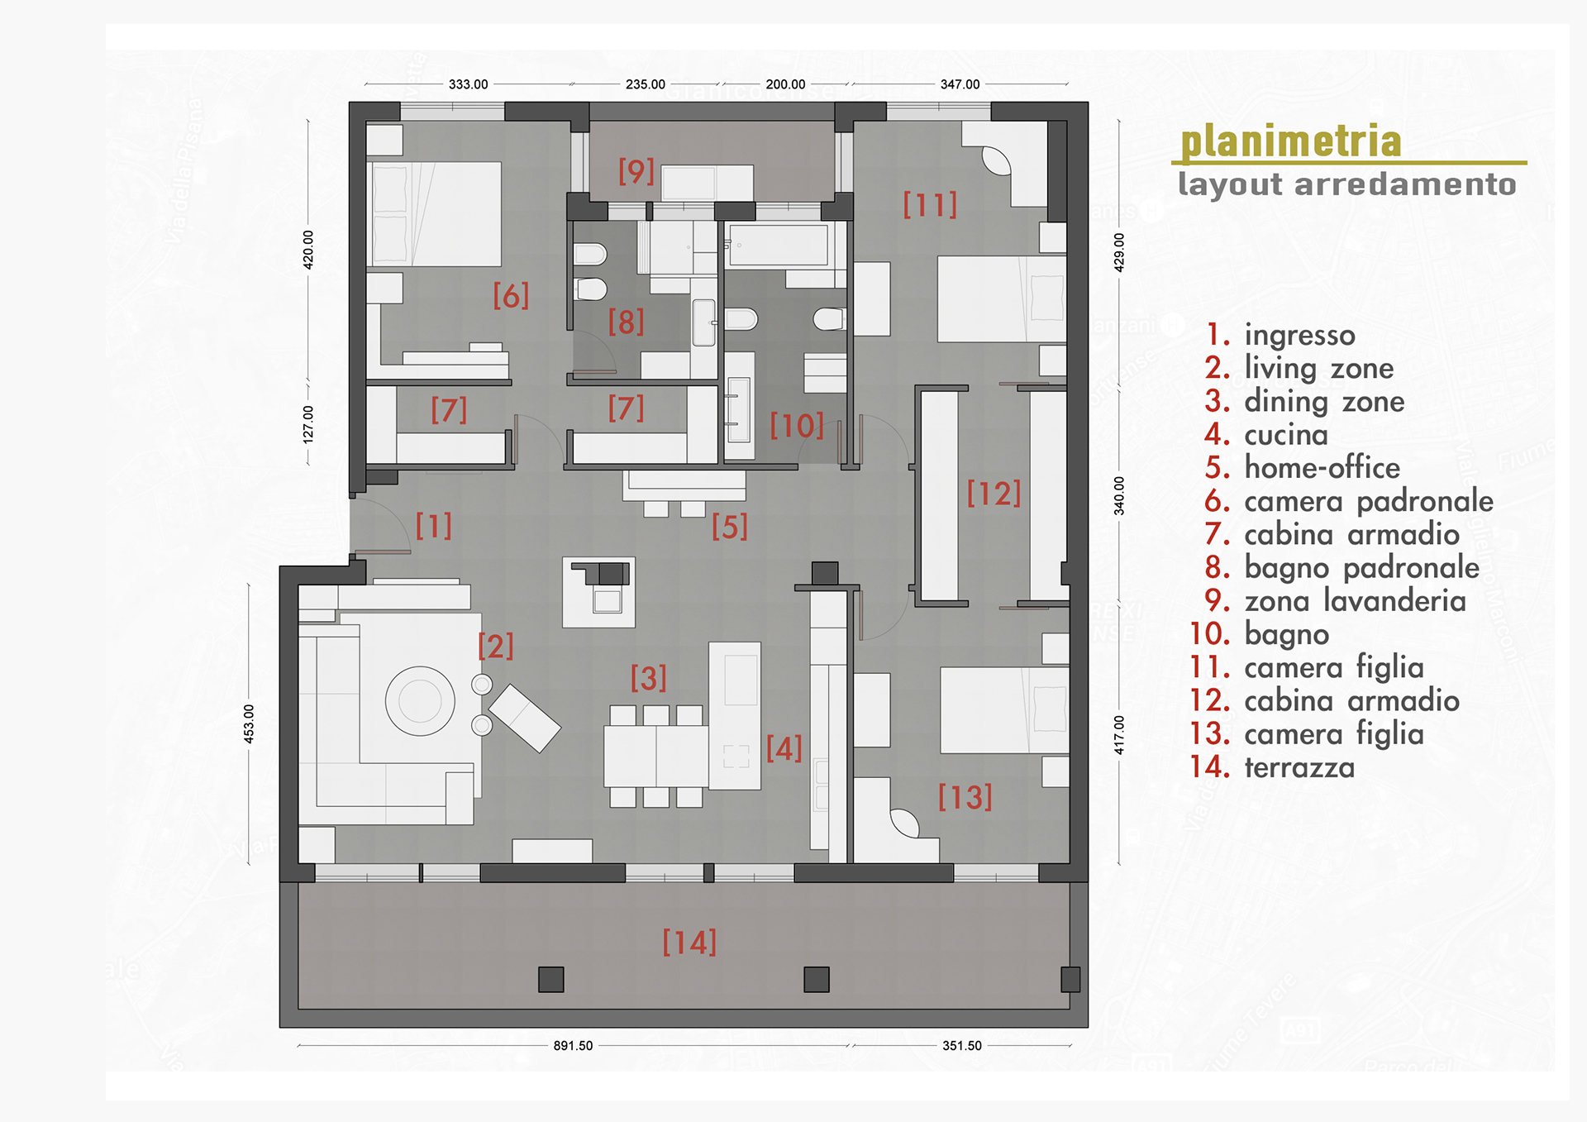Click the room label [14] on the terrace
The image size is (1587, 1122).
point(689,943)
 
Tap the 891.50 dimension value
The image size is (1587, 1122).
point(573,1046)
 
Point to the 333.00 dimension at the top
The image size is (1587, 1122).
point(469,84)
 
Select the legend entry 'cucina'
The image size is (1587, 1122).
point(1286,434)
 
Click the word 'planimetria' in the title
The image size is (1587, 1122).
point(1290,141)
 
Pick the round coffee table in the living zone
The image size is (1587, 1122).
point(420,701)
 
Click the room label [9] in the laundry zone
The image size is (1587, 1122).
point(636,171)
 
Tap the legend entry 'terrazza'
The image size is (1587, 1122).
point(1299,767)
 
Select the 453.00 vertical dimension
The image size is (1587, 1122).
point(249,724)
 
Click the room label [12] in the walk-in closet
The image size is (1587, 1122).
point(994,494)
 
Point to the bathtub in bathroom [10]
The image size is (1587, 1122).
point(778,245)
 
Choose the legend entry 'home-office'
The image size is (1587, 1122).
point(1322,468)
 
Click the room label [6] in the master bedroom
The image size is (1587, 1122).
point(511,296)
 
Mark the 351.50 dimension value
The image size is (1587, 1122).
point(962,1046)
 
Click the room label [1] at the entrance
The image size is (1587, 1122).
point(434,526)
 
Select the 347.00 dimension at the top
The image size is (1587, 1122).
point(960,84)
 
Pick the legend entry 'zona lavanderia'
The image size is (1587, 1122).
point(1356,601)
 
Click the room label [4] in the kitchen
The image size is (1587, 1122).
point(784,748)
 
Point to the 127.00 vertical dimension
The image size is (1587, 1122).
point(308,424)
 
